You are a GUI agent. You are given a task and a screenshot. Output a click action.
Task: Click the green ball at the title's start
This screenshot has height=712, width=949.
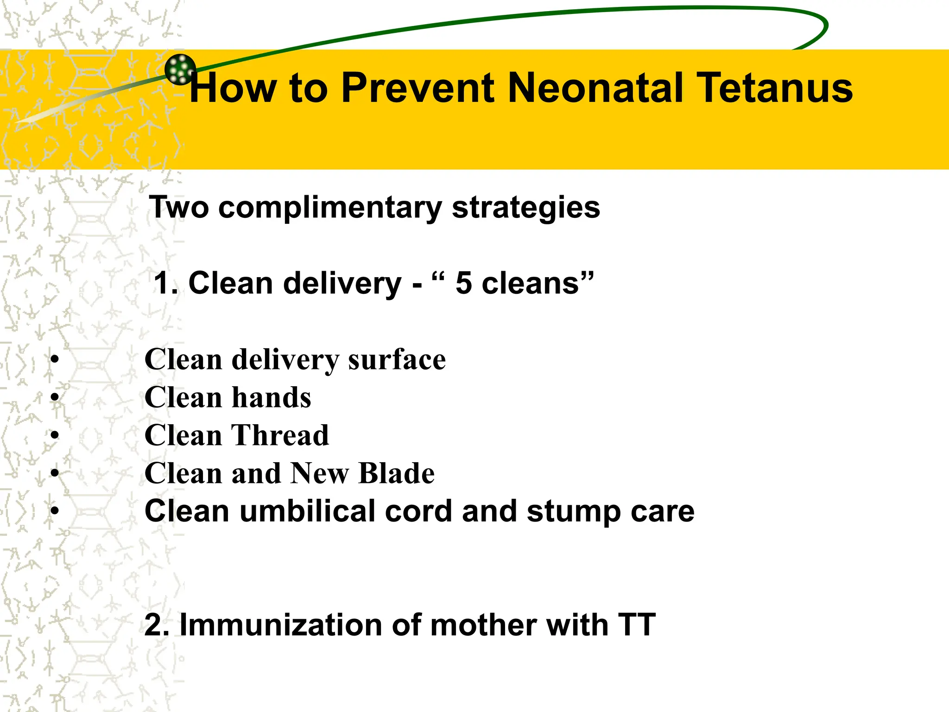pyautogui.click(x=180, y=70)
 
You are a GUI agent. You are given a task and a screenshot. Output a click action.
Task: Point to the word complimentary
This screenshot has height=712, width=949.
pyautogui.click(x=330, y=208)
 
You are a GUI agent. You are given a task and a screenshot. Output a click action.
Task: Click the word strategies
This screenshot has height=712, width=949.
pyautogui.click(x=525, y=208)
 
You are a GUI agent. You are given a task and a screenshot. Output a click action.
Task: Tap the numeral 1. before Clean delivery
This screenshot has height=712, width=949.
pyautogui.click(x=165, y=283)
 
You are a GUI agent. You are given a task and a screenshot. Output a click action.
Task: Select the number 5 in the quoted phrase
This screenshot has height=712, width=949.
pyautogui.click(x=463, y=283)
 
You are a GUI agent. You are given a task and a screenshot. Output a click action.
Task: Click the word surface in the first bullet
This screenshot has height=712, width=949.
pyautogui.click(x=397, y=360)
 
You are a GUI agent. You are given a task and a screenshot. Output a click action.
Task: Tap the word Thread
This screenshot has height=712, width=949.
pyautogui.click(x=280, y=436)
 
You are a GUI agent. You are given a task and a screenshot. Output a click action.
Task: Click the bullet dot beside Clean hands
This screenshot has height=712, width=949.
pyautogui.click(x=55, y=398)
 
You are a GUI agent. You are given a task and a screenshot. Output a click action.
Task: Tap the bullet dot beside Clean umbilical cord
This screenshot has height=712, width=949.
pyautogui.click(x=55, y=511)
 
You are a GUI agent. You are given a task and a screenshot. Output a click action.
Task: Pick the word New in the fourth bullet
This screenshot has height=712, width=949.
pyautogui.click(x=320, y=474)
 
